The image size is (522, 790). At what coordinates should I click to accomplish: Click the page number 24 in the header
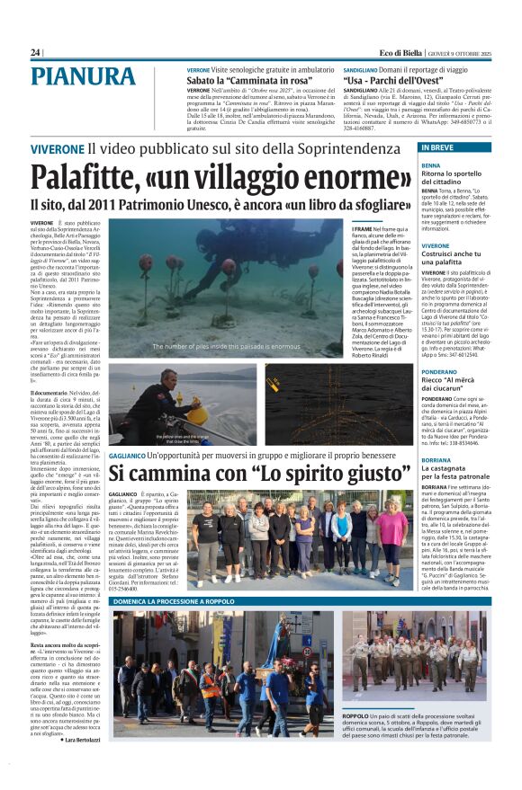pos(35,53)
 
